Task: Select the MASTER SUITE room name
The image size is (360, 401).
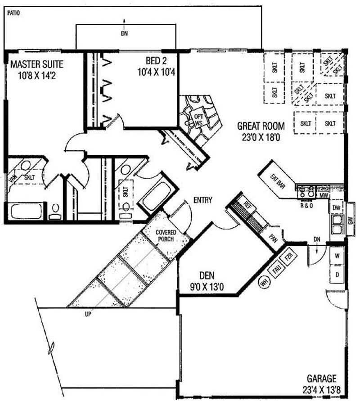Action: [x=37, y=63]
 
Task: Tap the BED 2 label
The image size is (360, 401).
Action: [x=157, y=61]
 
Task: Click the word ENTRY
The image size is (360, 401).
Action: [x=203, y=200]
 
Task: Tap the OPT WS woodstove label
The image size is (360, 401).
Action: [x=198, y=119]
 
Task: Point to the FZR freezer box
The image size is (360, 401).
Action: [x=288, y=259]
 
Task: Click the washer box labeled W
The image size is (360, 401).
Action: [x=337, y=256]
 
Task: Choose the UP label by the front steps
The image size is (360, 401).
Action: [x=88, y=315]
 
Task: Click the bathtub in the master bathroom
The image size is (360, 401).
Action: [x=27, y=211]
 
